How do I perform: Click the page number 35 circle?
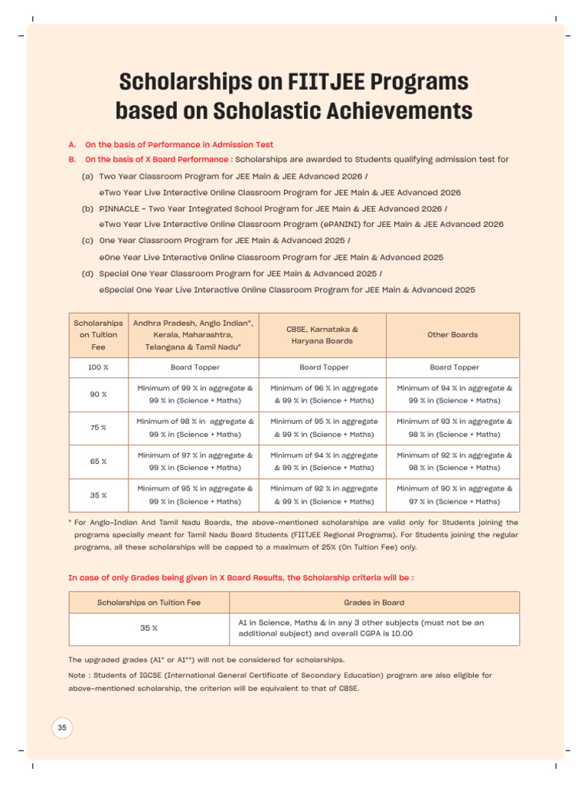point(62,728)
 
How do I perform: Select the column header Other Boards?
point(452,335)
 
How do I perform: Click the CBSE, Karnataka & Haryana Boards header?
point(322,335)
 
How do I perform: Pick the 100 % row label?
point(98,367)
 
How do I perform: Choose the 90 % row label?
point(98,394)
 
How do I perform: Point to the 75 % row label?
point(98,428)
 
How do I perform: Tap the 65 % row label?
point(98,461)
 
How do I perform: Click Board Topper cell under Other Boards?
point(452,367)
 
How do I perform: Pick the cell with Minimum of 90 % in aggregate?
point(452,494)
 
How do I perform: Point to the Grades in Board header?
point(374,603)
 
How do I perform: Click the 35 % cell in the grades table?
point(149,629)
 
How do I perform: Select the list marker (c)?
point(87,240)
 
